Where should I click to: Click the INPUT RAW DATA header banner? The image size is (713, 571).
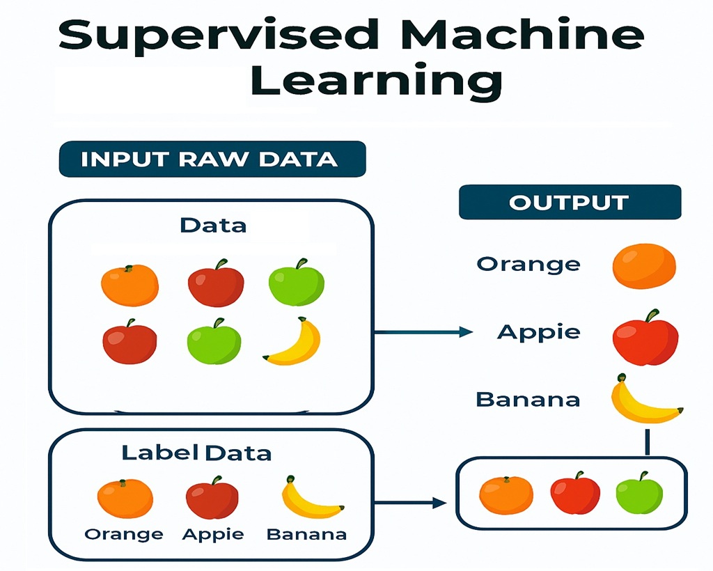pos(212,159)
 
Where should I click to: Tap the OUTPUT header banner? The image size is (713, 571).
pos(570,203)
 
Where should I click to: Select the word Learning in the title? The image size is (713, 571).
pos(377,80)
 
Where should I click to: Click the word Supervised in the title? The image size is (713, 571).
pos(219,35)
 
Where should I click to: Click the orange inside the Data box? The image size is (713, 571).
pos(130,285)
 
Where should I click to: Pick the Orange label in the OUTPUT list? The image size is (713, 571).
pos(528,265)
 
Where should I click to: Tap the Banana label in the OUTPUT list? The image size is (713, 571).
pos(528,400)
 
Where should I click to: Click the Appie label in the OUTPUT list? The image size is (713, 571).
pos(539,332)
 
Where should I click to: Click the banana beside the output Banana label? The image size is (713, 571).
pos(644,400)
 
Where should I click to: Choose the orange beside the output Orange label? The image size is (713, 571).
pos(644,267)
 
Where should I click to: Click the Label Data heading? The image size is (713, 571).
pos(196,453)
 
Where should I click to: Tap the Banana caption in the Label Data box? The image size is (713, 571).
pos(306,534)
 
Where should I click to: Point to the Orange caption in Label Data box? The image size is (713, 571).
pos(124,535)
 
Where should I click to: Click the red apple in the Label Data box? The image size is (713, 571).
pos(212,498)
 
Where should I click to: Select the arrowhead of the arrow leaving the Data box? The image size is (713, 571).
pos(466,332)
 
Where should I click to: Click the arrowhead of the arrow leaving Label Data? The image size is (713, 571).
pos(439,503)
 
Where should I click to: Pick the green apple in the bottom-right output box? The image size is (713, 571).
pos(640,493)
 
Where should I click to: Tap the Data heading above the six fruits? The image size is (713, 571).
pos(213,226)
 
